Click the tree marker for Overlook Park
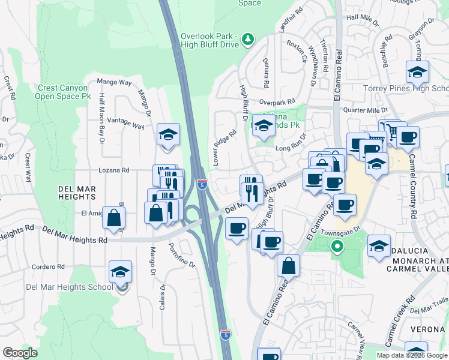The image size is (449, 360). pyautogui.click(x=247, y=40)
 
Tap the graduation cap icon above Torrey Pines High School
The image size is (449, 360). pyautogui.click(x=417, y=73)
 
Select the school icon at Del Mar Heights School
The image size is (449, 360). pyautogui.click(x=121, y=272)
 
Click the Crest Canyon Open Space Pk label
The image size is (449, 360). pyautogui.click(x=62, y=92)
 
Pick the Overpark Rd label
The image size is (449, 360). pyautogui.click(x=278, y=102)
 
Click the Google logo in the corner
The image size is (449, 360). pyautogui.click(x=20, y=353)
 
